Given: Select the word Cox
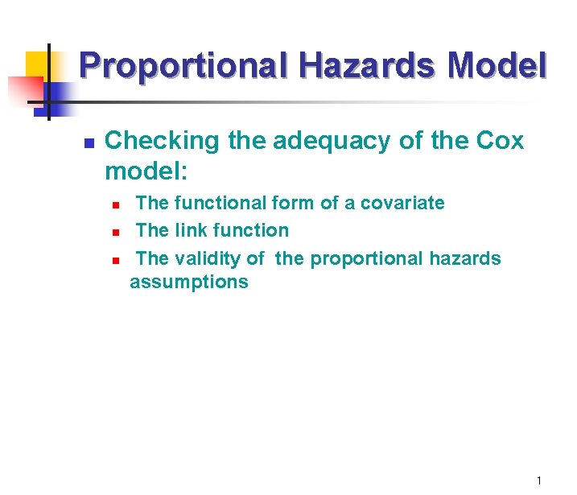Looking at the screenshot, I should (500, 141).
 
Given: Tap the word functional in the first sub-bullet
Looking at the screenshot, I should (216, 203).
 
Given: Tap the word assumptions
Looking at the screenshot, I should (189, 282).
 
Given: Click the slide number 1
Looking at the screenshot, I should (539, 481).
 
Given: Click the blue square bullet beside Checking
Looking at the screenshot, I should (90, 143).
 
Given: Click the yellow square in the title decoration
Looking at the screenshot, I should (38, 64).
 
